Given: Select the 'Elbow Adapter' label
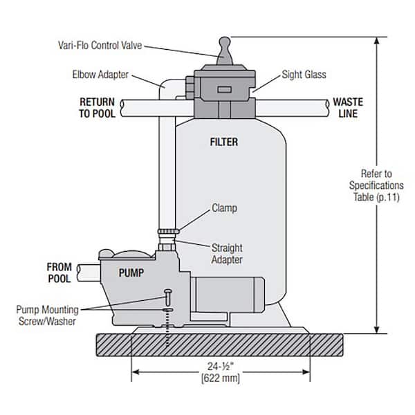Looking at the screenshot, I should click(101, 73).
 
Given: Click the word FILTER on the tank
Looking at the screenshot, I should click(223, 142).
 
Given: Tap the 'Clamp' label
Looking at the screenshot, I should click(225, 207).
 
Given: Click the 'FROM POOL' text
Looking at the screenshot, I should click(59, 272).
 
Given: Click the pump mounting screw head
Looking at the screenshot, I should click(166, 293).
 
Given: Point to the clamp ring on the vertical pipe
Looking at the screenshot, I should click(167, 230).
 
